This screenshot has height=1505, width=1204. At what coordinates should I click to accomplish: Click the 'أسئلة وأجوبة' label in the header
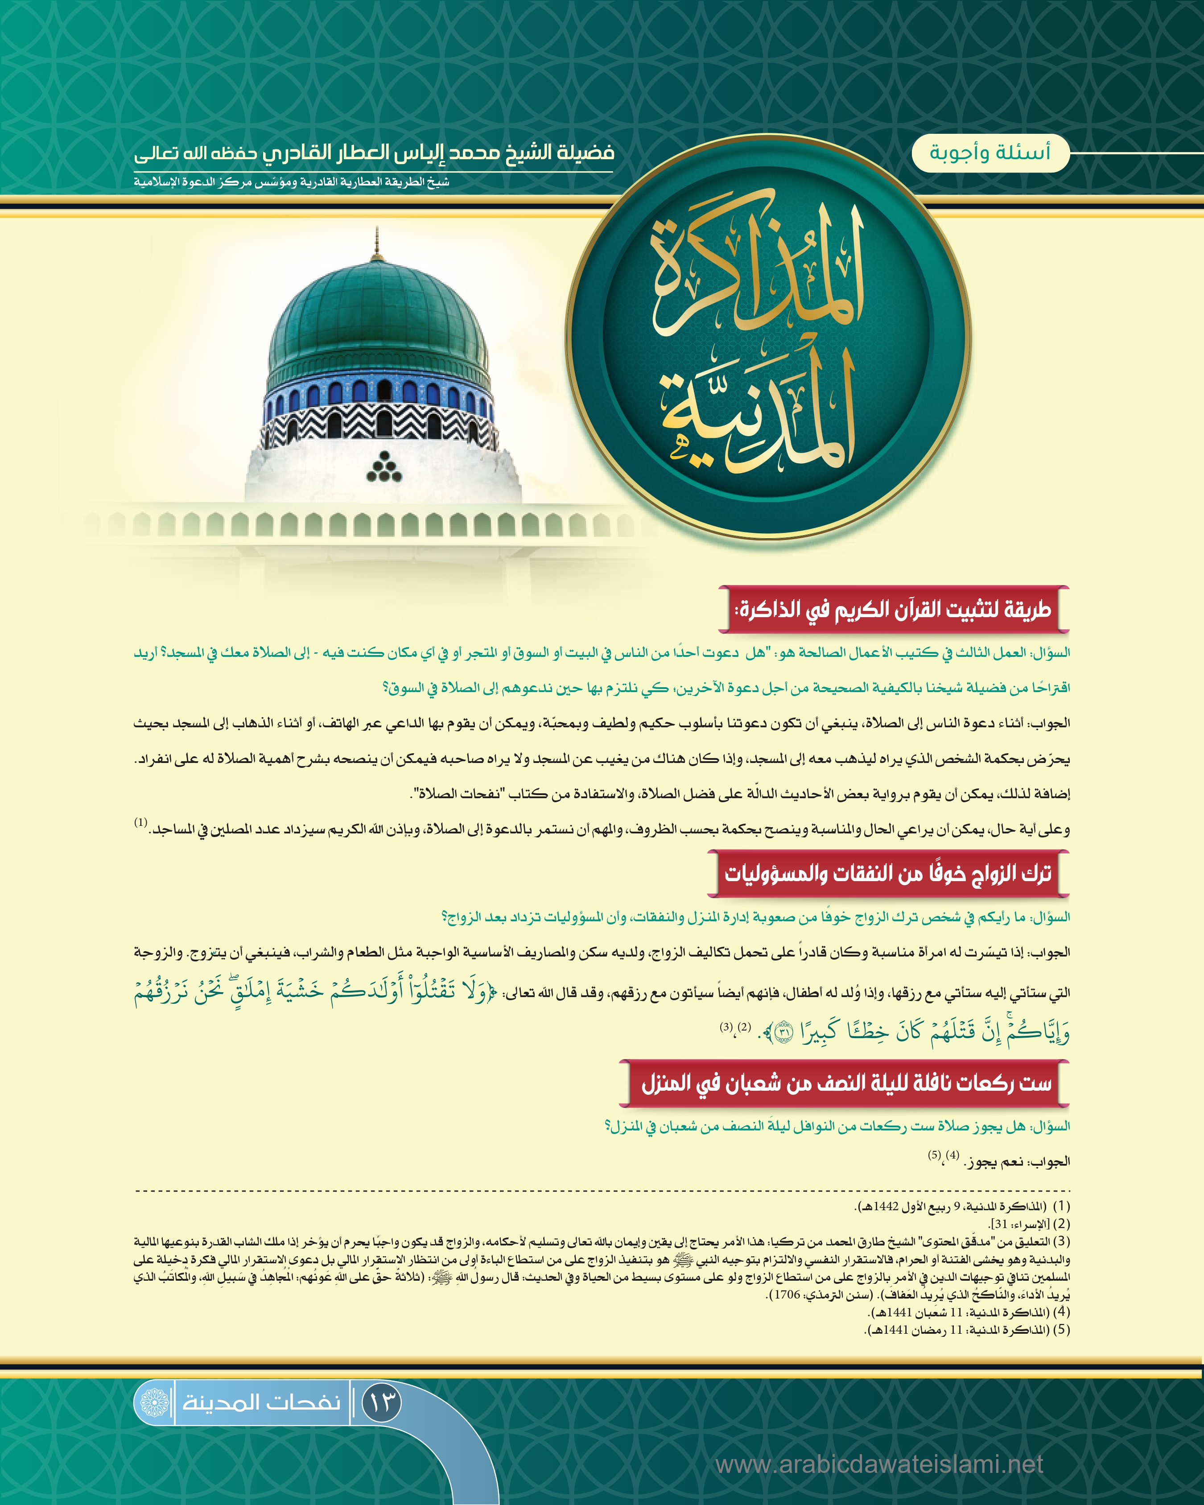click(990, 152)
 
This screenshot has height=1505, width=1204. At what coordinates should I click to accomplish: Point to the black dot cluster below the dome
click(384, 467)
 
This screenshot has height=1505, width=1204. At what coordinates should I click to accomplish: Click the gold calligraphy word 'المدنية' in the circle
click(757, 412)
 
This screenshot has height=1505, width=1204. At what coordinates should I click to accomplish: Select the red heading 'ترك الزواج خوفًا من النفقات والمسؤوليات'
click(888, 873)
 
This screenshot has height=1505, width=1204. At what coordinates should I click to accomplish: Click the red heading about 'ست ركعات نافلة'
click(846, 1083)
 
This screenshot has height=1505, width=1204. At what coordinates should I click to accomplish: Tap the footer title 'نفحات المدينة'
click(262, 1402)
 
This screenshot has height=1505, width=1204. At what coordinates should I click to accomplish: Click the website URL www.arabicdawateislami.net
click(879, 1464)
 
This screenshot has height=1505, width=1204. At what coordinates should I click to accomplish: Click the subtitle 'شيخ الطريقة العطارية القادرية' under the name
click(292, 183)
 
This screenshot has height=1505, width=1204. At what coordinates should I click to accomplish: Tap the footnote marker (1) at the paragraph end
click(141, 823)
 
